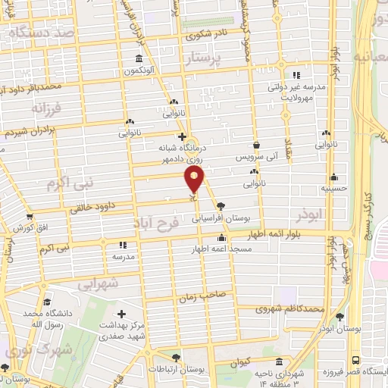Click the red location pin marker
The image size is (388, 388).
pos(194,180)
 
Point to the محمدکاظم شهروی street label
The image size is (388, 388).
pos(290,309)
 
